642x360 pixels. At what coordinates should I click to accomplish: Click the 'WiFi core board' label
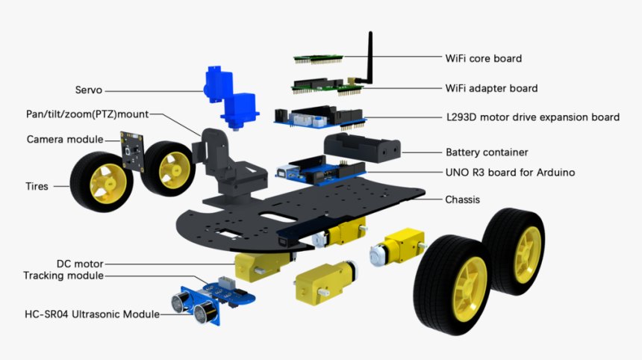483,58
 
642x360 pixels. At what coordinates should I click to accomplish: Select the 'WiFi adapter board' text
491,88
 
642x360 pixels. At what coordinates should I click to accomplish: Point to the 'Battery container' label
487,152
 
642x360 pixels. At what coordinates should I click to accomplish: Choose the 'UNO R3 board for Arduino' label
510,173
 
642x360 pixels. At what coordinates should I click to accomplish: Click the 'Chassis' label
462,199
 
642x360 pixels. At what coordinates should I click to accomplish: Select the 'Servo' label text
88,90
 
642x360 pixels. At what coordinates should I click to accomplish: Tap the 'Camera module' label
60,140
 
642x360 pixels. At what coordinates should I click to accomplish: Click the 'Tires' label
36,186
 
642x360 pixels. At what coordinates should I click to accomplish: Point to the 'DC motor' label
80,264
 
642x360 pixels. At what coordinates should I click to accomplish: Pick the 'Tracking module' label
63,276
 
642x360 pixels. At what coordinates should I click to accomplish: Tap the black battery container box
361,149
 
